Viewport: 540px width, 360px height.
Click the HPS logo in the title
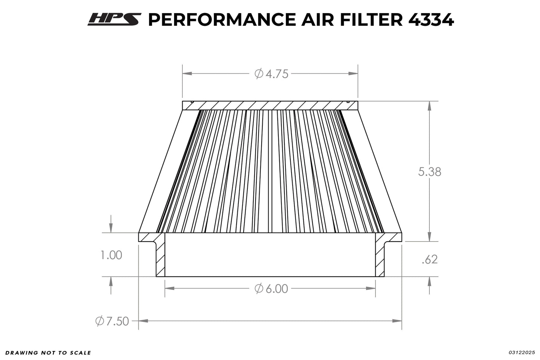[x=114, y=19]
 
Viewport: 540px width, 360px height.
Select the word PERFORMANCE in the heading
[x=223, y=20]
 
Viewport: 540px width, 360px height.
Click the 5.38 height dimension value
[x=429, y=172]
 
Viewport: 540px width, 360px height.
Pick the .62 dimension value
[x=429, y=259]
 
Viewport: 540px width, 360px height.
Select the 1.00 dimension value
[x=111, y=255]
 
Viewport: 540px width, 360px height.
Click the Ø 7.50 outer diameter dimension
[x=112, y=321]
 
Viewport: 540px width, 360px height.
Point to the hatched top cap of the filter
[x=270, y=105]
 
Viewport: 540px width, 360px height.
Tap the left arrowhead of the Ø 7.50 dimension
[x=144, y=321]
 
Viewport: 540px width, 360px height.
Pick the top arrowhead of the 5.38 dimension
[x=429, y=106]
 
